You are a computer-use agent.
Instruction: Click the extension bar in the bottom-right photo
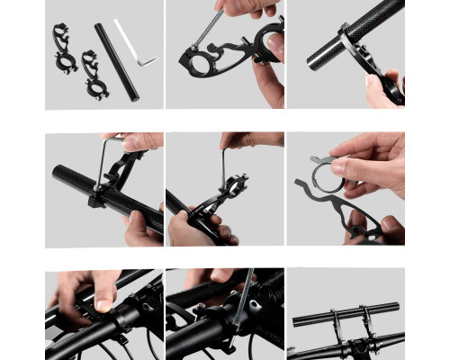(346, 314)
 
